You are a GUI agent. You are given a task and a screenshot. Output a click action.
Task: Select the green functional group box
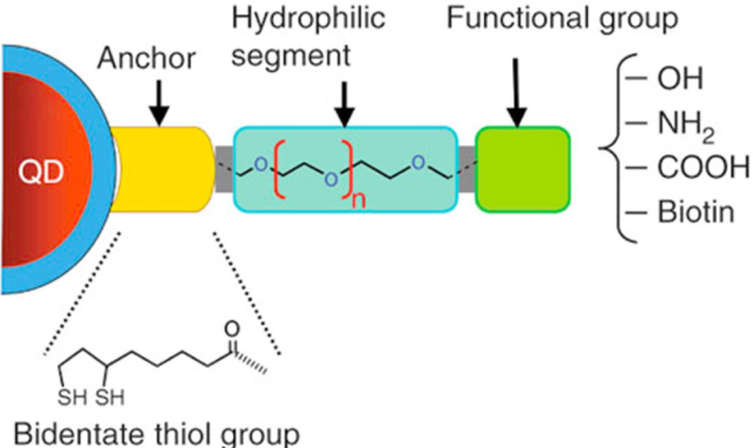coord(522,168)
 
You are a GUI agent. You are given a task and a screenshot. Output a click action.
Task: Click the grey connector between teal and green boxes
coord(466,166)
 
